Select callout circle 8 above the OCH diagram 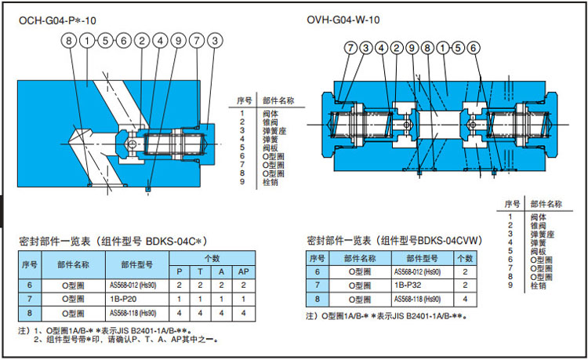(70, 40)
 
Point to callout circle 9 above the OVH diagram (412, 49)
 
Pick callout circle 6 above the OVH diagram (473, 49)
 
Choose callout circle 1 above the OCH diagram (87, 40)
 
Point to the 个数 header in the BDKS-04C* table (212, 257)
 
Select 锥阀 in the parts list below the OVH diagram (538, 225)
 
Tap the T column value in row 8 (201, 313)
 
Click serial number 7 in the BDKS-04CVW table (318, 285)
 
